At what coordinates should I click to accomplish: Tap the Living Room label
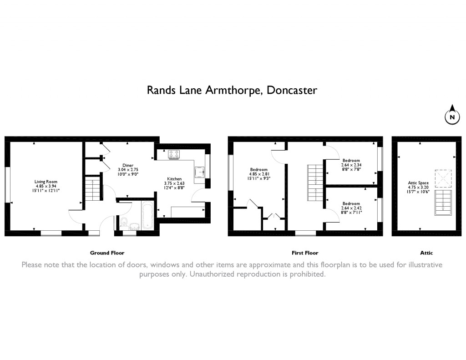tap(46, 186)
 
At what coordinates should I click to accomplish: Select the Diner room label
tap(128, 170)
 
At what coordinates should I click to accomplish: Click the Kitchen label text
tap(174, 183)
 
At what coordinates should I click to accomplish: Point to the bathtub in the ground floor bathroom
tap(147, 215)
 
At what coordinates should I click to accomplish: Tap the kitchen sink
tap(199, 172)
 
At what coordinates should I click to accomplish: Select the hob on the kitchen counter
tap(174, 154)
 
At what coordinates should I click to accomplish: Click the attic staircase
tap(443, 203)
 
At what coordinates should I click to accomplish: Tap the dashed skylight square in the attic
tap(443, 179)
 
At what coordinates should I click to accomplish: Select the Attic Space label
tap(418, 188)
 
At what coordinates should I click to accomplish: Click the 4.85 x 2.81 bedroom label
tap(258, 174)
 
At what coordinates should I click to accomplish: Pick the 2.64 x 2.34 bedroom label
tap(351, 165)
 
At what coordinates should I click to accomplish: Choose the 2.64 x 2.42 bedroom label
tap(351, 208)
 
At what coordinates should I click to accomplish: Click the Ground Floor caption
tap(107, 253)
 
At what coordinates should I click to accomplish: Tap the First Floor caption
tap(305, 253)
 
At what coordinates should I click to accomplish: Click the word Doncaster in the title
tap(292, 90)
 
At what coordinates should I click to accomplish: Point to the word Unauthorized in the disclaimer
tap(212, 274)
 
